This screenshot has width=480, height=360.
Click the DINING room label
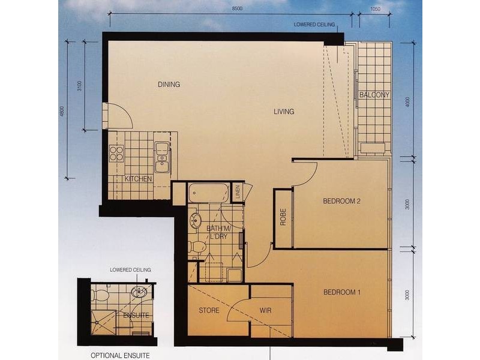pos(169,85)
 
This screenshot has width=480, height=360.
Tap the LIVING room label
pos(284,112)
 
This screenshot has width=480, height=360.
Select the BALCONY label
pos(374,95)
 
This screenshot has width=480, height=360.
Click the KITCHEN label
pos(139,179)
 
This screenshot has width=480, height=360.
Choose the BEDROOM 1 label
pos(341,293)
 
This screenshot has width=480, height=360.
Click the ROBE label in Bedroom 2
pos(283,217)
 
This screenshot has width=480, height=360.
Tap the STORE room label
pos(209,310)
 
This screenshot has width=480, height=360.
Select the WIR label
pos(265,310)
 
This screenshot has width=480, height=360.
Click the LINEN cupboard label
pos(238,193)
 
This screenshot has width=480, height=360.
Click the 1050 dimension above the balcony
pos(376,8)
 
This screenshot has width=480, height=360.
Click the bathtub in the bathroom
pos(209,193)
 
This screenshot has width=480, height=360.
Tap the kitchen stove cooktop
pos(116,154)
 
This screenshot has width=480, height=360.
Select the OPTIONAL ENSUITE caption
pos(120,355)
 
